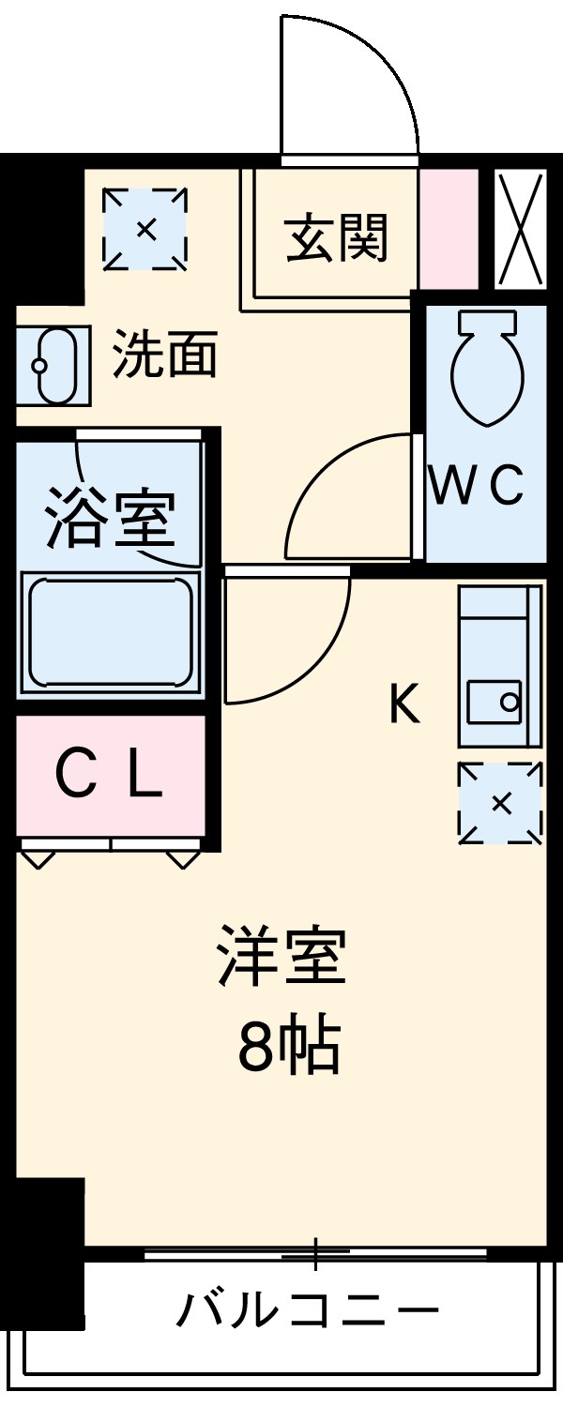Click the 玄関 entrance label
[x=336, y=237]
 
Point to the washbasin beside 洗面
[x=52, y=365]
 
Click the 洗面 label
[x=165, y=355]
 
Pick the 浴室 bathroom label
[x=111, y=517]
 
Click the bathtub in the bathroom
[x=110, y=633]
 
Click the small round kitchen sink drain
[x=510, y=700]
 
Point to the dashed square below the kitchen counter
[x=500, y=803]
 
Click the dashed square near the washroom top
[x=145, y=229]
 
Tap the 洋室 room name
[x=281, y=956]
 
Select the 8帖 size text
[x=287, y=1047]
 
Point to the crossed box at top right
[x=519, y=230]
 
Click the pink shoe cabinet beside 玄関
[x=449, y=230]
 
